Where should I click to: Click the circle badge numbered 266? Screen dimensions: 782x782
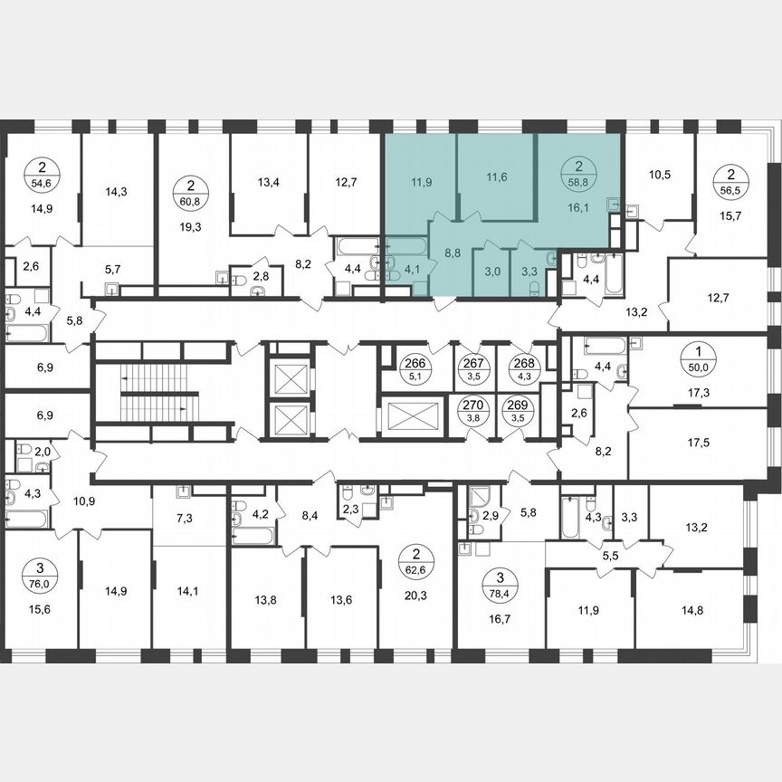click(416, 365)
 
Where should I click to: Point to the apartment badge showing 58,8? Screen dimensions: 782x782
click(573, 172)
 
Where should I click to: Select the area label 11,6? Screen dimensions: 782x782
click(495, 176)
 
